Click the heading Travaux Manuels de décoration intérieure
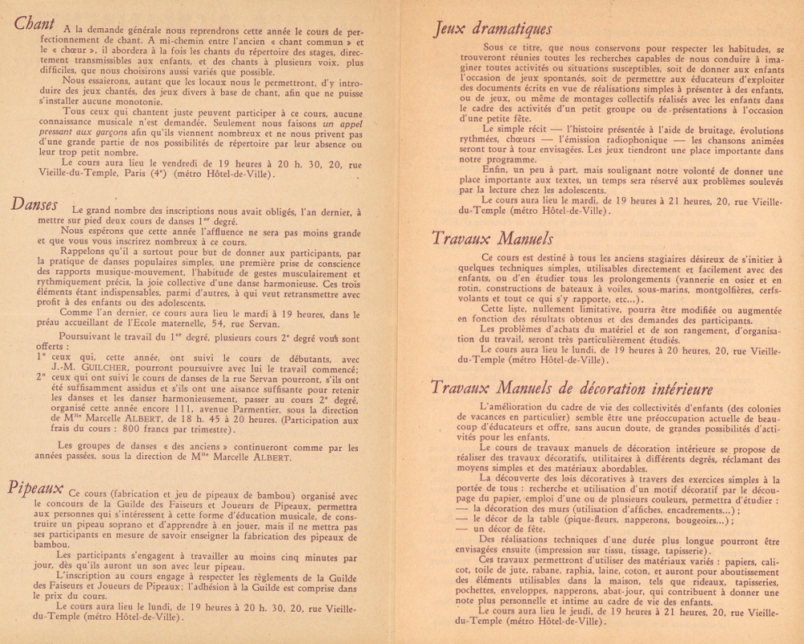(571, 388)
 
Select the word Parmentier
(248, 408)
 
